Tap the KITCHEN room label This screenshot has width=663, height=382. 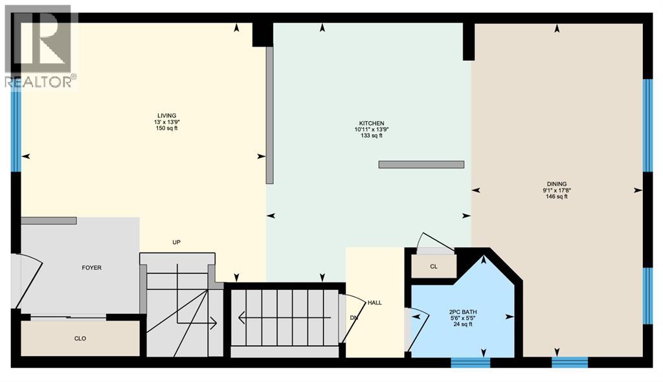(372, 123)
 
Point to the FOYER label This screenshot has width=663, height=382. (91, 267)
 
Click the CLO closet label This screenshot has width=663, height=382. (80, 339)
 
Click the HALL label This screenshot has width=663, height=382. (375, 303)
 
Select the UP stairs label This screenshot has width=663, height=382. (175, 242)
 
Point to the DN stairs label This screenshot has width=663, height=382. (353, 318)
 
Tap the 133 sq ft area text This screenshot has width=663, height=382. (372, 136)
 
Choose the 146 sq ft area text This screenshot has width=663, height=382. (556, 197)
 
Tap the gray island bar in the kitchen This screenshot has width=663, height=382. (421, 164)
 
